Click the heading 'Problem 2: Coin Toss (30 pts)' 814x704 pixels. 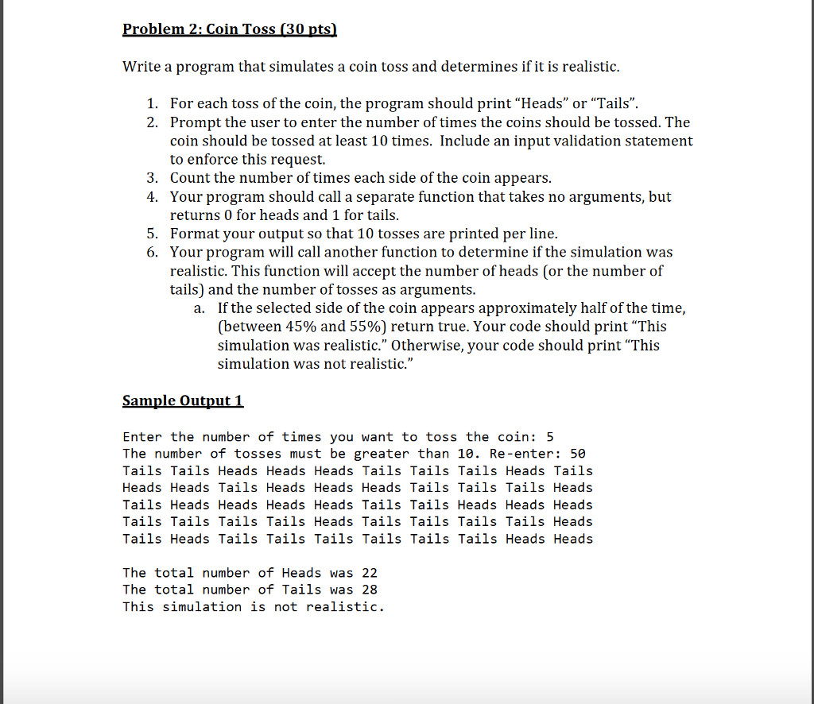click(230, 30)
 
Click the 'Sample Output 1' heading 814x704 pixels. click(183, 400)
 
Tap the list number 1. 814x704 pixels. click(152, 104)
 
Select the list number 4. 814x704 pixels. click(152, 196)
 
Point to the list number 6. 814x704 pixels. click(152, 252)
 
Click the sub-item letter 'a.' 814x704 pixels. click(200, 308)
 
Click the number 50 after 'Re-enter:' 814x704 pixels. click(578, 454)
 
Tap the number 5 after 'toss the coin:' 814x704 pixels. click(549, 437)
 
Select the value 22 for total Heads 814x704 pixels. click(370, 573)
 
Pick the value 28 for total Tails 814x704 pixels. click(370, 590)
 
